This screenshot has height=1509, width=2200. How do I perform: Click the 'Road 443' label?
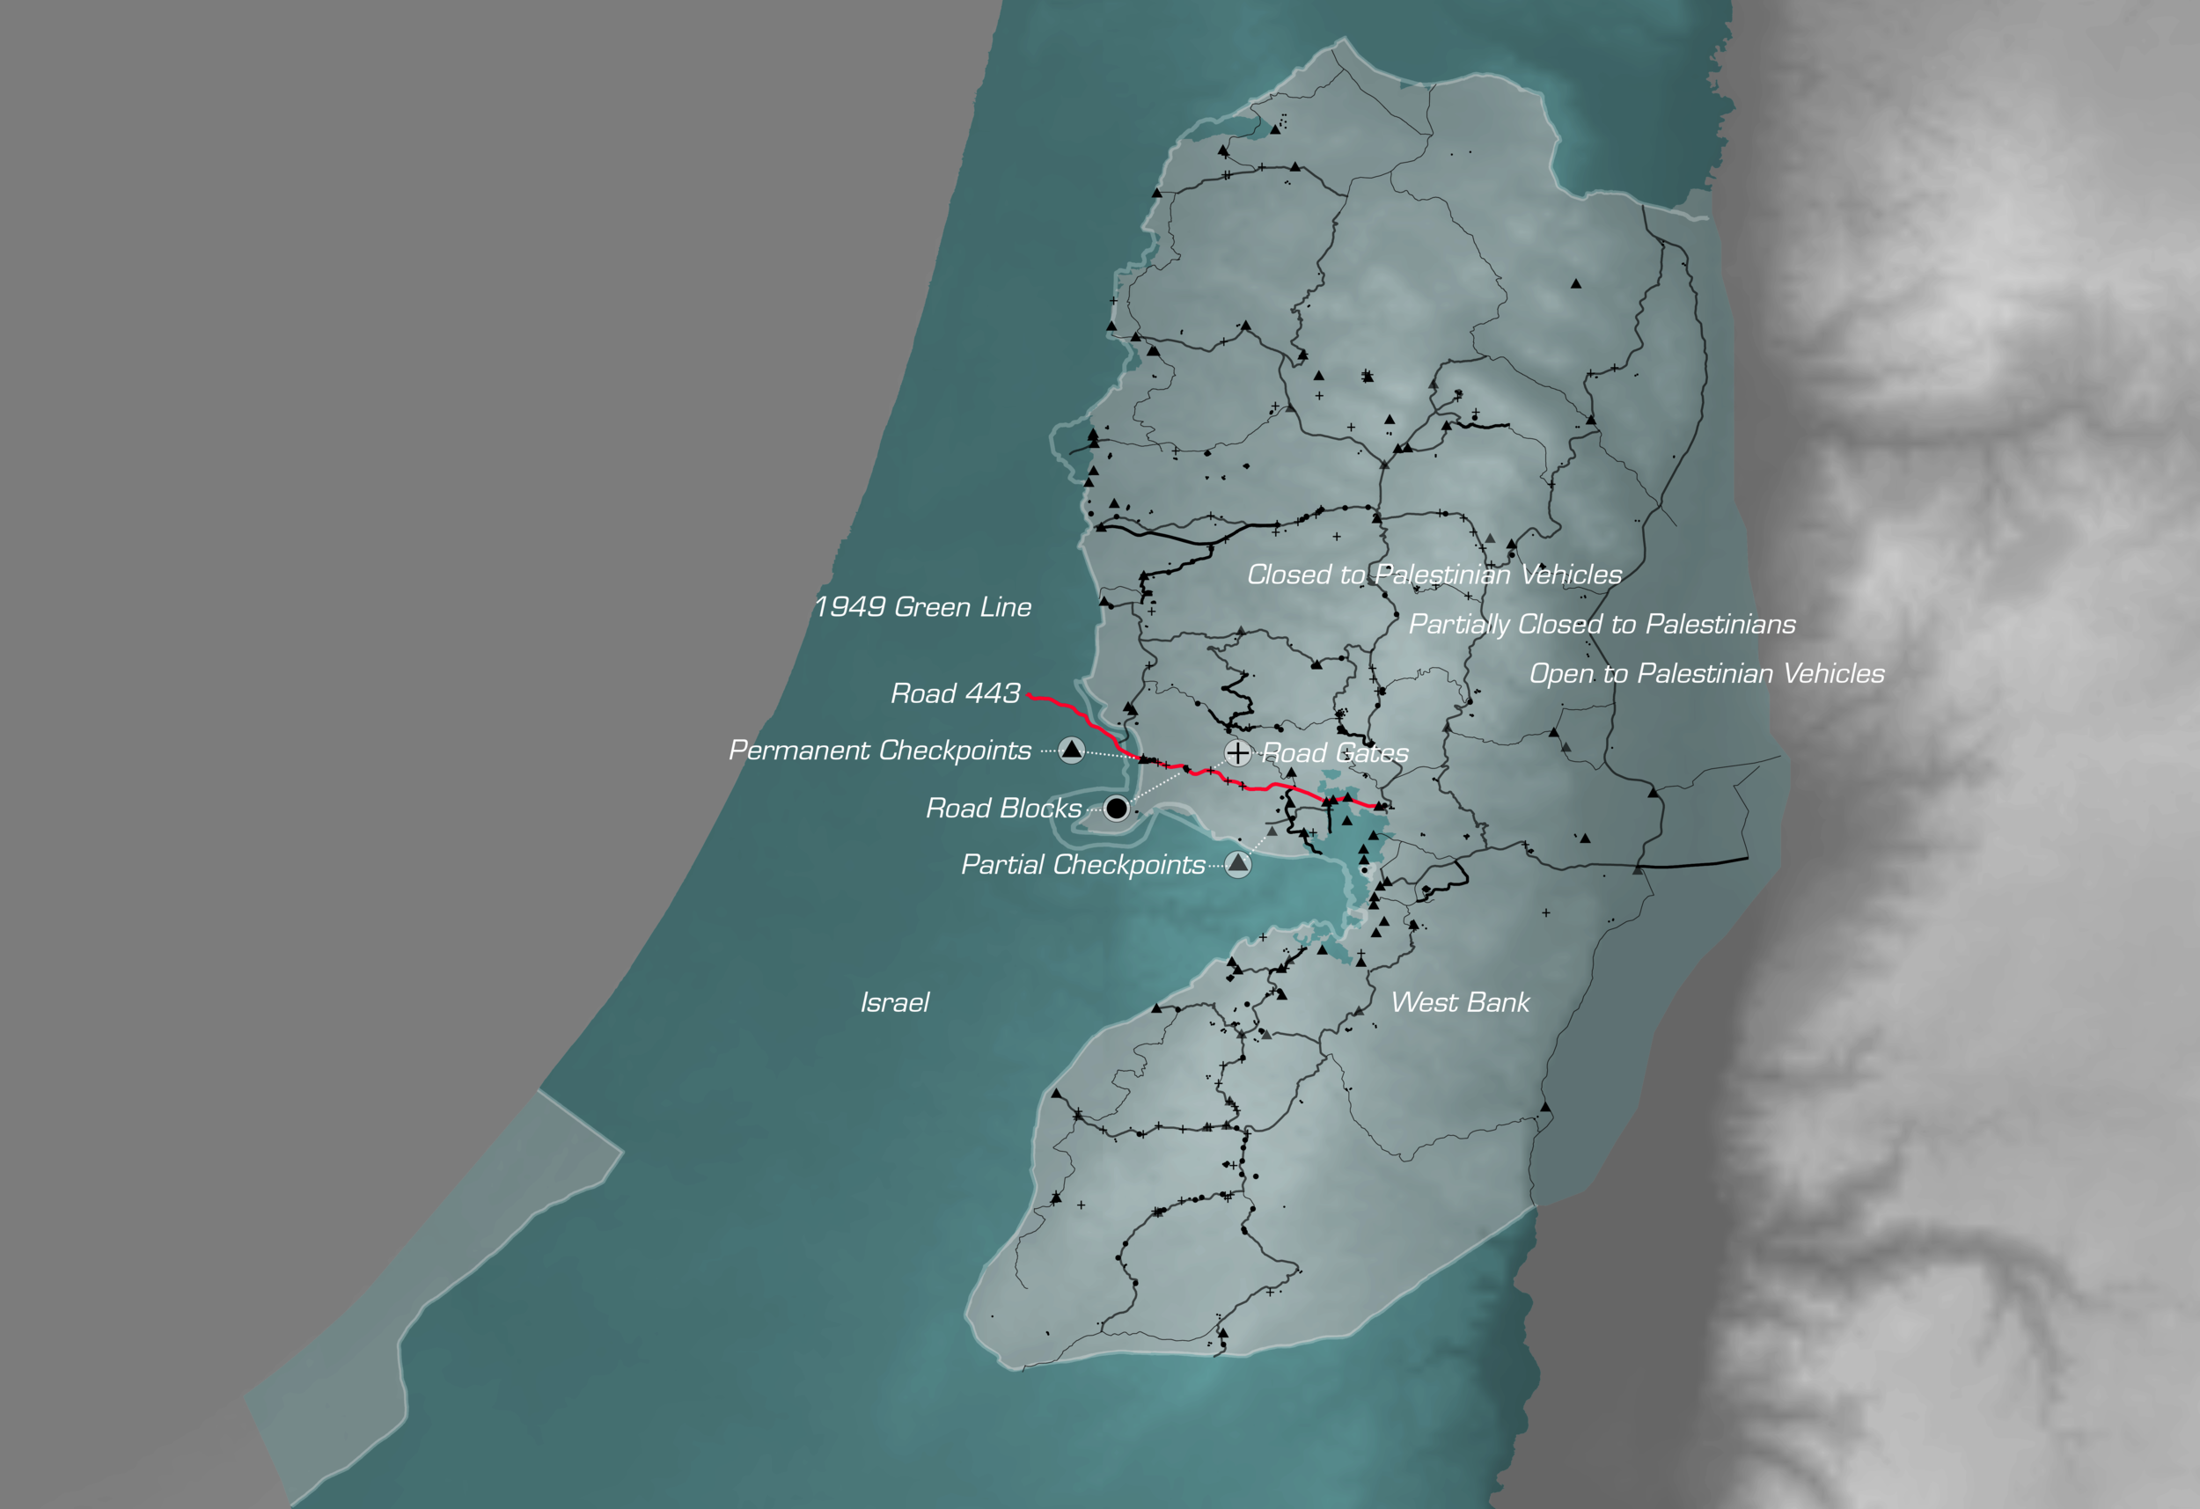pos(955,694)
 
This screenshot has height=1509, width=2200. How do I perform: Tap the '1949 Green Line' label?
pos(923,608)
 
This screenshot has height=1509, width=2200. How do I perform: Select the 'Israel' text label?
pos(895,1002)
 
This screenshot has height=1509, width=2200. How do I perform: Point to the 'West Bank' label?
pos(1460,1002)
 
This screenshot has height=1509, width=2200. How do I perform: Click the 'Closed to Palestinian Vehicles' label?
pos(1434,575)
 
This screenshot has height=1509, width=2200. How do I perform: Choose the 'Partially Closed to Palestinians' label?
pos(1602,625)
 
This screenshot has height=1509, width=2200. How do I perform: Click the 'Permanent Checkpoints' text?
pos(879,751)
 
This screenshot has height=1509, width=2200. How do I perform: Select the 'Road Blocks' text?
pos(1003,809)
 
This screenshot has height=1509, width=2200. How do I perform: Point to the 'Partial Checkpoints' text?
pos(1083,865)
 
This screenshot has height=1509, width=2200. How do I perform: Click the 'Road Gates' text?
pos(1336,753)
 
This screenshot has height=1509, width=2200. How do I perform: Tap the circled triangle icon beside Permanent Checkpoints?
pos(1072,750)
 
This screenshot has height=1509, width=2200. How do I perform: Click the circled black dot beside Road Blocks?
pos(1117,809)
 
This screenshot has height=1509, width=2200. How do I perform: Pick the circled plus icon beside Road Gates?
pos(1237,752)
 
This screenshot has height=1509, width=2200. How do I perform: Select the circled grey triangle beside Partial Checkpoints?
pos(1238,863)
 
